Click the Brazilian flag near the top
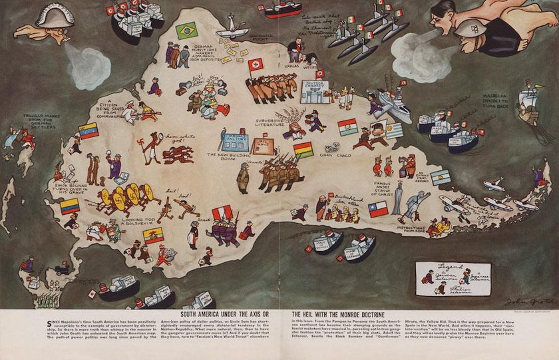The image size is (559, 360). (x=186, y=30)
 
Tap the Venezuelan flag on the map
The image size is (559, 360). (x=89, y=130)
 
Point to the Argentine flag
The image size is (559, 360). (x=440, y=178)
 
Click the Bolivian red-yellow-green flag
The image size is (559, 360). (x=303, y=150)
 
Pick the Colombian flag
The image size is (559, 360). (x=70, y=206)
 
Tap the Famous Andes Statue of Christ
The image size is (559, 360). (x=397, y=198)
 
